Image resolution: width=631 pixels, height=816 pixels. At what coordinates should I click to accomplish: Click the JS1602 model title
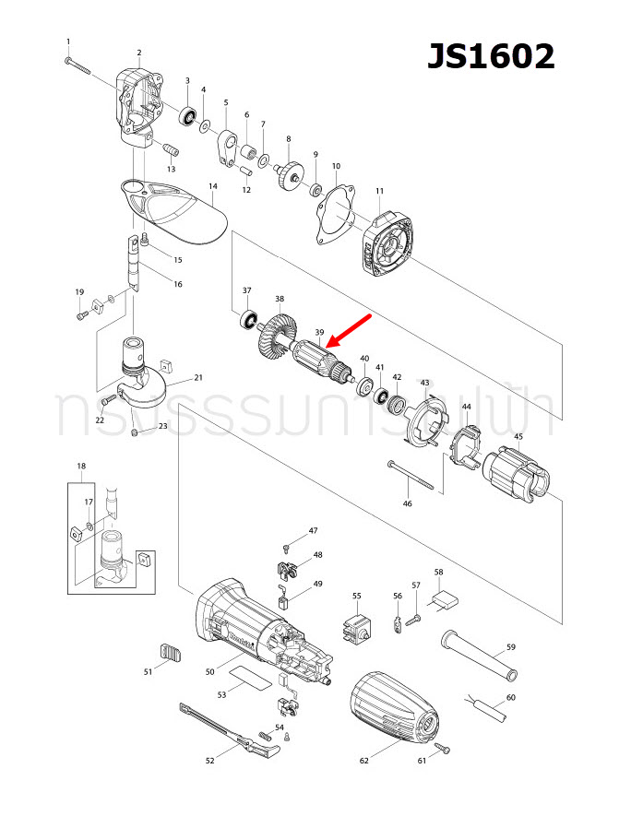tap(490, 56)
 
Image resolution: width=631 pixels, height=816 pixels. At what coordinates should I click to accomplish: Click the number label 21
tap(198, 378)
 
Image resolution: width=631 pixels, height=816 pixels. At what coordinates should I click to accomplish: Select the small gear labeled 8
tap(291, 172)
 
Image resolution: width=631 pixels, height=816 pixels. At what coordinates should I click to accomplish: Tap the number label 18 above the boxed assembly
tap(81, 467)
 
